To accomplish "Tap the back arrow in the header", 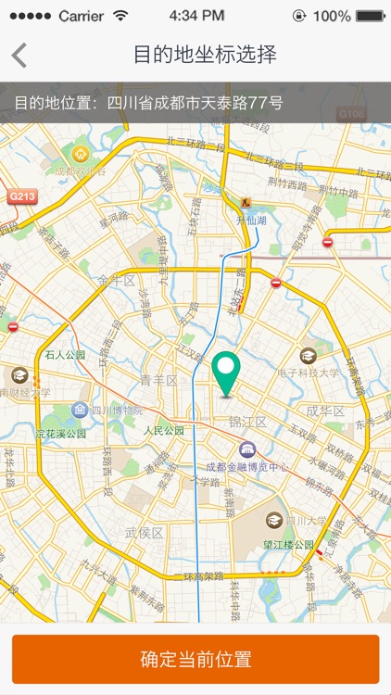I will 19,55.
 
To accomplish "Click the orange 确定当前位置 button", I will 195,660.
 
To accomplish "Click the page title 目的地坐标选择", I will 205,55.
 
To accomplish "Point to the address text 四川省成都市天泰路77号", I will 195,102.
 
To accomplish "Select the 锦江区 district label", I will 247,423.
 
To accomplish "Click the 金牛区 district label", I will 117,279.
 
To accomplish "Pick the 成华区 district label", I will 325,411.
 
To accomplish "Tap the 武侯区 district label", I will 144,533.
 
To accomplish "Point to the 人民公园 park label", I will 163,431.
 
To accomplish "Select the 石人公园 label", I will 65,355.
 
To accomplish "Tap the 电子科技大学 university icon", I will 309,355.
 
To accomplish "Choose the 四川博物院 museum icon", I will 81,410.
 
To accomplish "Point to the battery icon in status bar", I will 369,16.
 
